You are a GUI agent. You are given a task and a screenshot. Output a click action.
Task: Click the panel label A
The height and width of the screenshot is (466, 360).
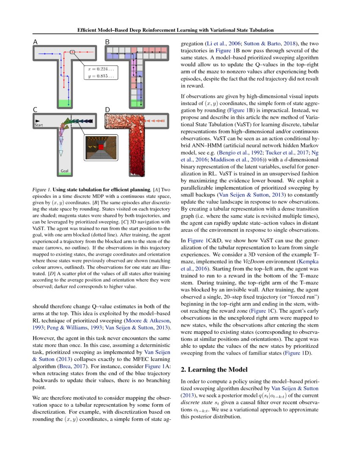[x=36, y=42]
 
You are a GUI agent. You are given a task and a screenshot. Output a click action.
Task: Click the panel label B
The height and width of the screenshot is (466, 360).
[x=108, y=42]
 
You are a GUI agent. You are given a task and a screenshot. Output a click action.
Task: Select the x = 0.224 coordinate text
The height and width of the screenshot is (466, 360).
[x=100, y=69]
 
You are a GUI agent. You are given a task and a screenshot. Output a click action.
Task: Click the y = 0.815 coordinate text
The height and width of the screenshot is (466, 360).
[x=100, y=76]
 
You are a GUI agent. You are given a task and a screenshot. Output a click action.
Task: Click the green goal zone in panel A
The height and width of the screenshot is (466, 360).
[x=64, y=103]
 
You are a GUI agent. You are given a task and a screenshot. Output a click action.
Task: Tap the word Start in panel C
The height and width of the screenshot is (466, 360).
[x=39, y=125]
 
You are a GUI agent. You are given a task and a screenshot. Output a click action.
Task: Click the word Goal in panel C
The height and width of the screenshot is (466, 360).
[x=64, y=172]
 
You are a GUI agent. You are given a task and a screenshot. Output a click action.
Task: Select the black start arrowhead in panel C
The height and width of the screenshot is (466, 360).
[x=37, y=121]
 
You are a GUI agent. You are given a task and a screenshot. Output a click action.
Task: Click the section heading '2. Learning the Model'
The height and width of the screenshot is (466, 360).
[x=217, y=369]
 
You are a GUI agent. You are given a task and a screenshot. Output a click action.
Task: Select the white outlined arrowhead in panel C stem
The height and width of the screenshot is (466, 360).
[x=61, y=153]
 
